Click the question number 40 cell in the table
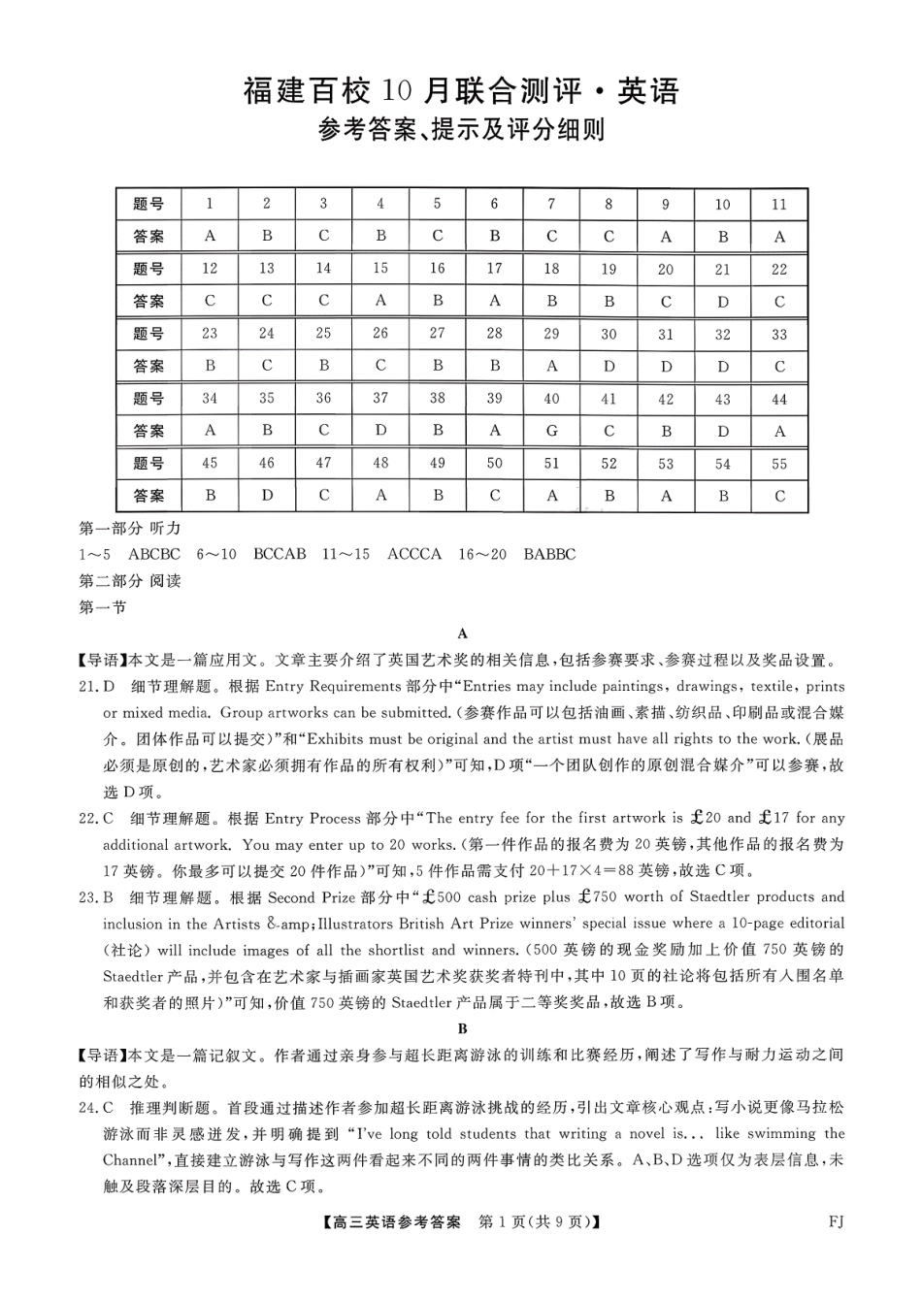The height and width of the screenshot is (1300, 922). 551,399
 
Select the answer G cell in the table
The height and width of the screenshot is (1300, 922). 551,431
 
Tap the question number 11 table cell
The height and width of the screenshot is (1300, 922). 779,204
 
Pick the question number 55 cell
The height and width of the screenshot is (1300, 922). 779,464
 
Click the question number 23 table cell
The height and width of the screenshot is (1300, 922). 210,334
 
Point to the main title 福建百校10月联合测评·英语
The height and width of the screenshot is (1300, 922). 461,91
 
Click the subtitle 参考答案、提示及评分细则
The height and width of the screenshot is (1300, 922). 461,130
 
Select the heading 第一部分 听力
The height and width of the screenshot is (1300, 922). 129,529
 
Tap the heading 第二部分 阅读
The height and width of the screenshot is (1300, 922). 129,581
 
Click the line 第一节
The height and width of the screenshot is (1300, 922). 102,607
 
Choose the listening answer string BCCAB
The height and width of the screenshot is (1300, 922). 279,554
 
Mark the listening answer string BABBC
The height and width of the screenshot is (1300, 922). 549,554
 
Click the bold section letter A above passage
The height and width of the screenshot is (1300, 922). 462,634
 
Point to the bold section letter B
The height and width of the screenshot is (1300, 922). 462,1028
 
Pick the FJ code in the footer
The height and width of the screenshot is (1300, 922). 836,1221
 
